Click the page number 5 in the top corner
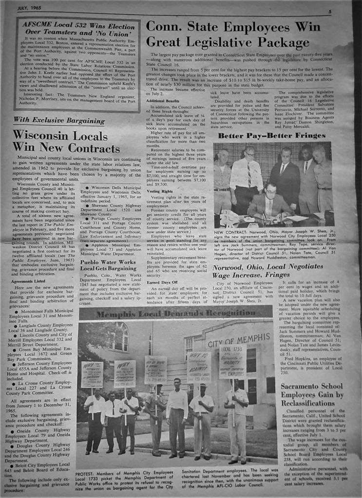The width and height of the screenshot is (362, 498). (x=343, y=11)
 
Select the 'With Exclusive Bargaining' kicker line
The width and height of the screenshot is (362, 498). (x=58, y=120)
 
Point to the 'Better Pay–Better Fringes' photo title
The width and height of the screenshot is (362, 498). (x=272, y=136)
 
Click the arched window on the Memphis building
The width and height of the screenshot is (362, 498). (x=118, y=337)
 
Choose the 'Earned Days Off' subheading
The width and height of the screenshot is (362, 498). (x=162, y=282)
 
